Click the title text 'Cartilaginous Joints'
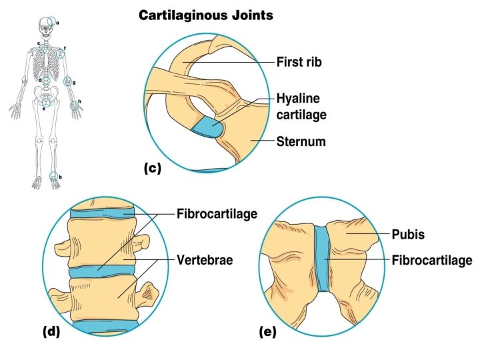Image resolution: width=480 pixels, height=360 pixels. coord(205,15)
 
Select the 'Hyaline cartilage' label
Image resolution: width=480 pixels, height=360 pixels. coord(301,107)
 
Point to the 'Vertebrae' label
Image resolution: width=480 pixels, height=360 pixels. coord(205,260)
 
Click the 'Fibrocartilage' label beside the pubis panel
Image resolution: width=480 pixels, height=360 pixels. coord(432,259)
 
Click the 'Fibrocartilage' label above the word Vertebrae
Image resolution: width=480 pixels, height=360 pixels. coord(217,214)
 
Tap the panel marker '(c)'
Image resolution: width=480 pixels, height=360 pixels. coord(153,168)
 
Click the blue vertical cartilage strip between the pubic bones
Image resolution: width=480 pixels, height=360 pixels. coord(323,259)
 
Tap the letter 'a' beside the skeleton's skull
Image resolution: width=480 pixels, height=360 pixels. coord(58,23)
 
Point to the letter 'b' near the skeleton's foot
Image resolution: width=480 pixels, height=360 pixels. coord(61,176)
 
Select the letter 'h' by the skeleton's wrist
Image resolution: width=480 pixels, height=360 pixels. coord(79,101)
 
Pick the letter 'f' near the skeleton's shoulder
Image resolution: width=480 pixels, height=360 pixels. coord(65,48)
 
